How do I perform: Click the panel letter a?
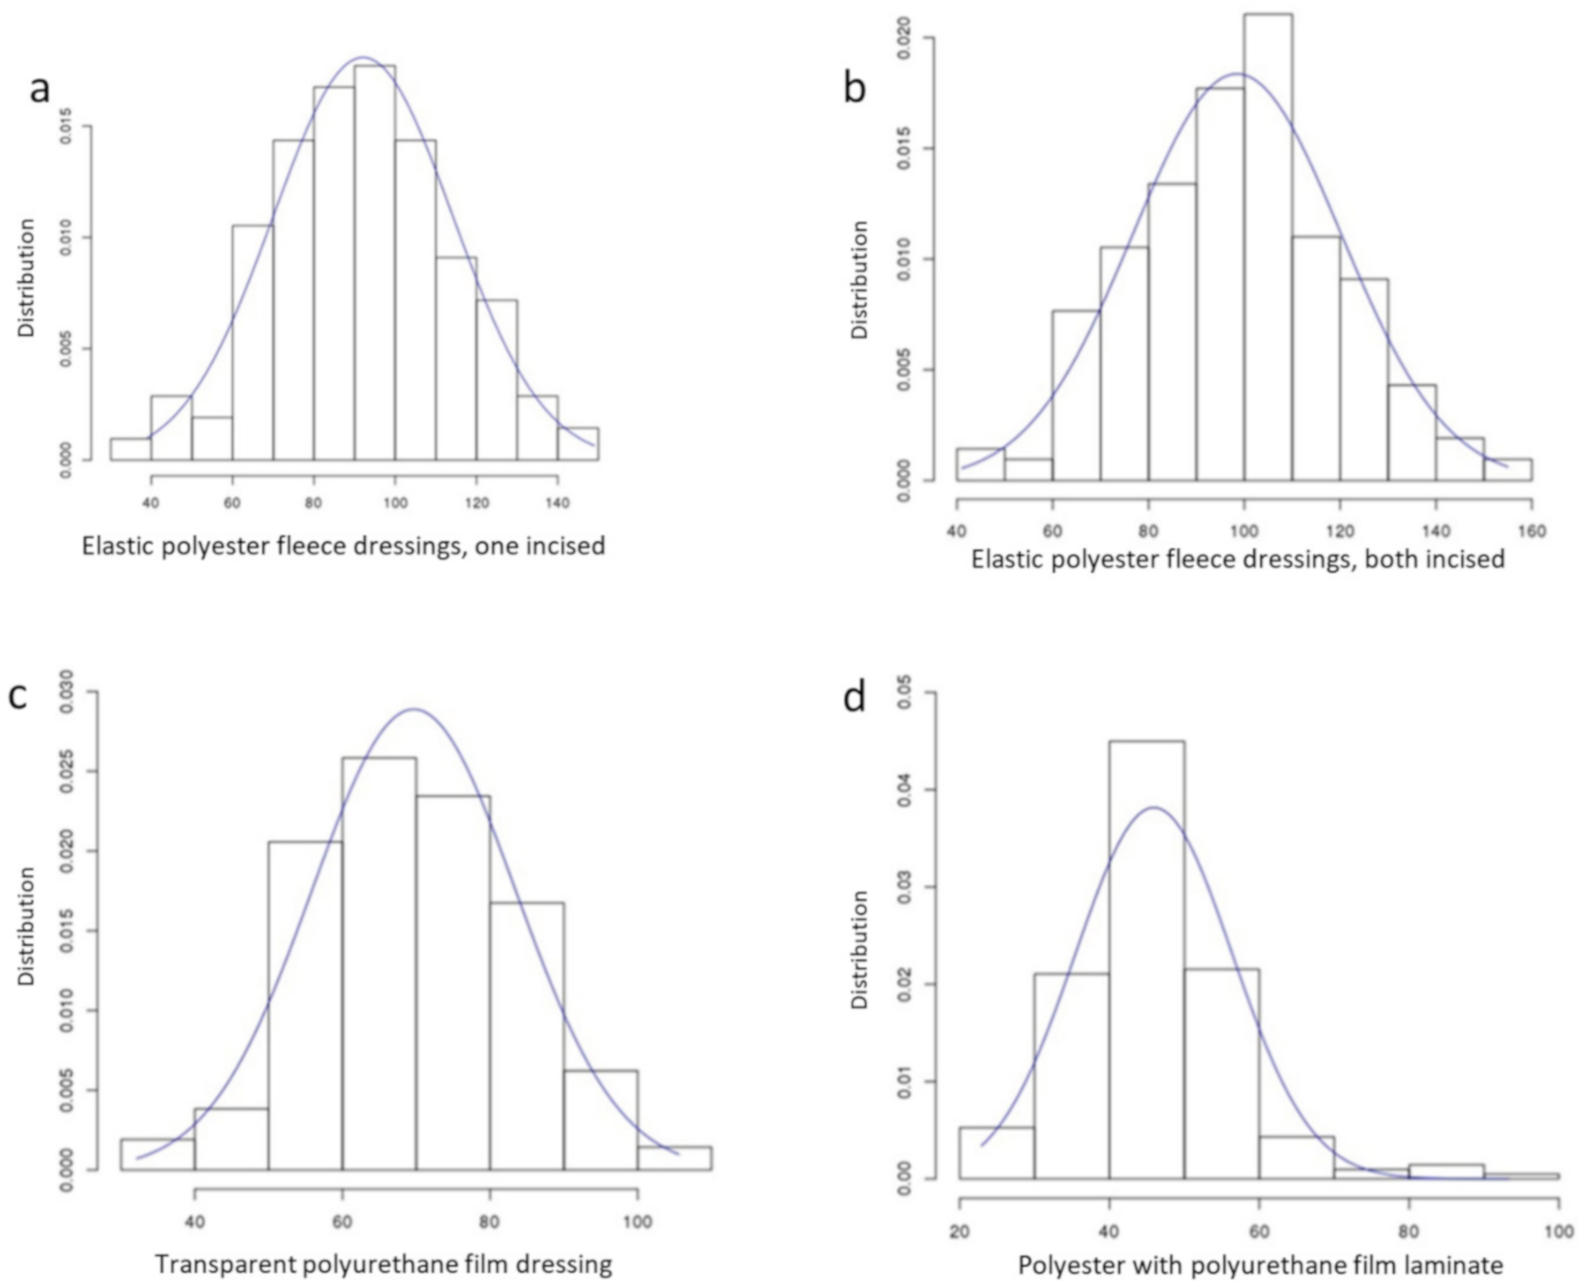pos(39,90)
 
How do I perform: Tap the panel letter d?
pos(855,698)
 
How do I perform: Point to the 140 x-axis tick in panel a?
pos(558,502)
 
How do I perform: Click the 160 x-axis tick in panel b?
pos(1531,531)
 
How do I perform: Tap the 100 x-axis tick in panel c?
pos(637,1222)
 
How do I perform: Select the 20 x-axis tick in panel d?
pos(959,1231)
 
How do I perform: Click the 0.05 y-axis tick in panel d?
pos(905,694)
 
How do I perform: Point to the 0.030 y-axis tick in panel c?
pos(65,692)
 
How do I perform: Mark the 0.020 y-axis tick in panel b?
pos(905,38)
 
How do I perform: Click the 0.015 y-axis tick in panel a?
pos(65,126)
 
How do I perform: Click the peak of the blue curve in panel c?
pos(413,710)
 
